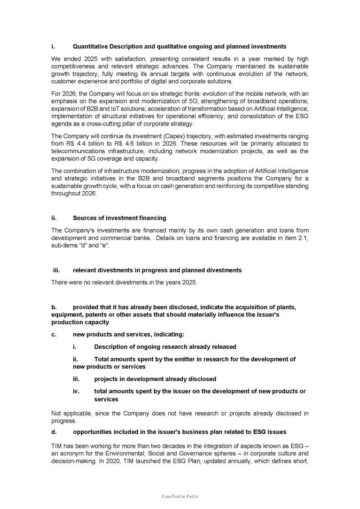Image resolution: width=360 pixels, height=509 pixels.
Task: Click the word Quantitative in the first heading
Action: (x=90, y=47)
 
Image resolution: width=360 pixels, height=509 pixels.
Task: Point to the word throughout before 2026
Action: (x=66, y=193)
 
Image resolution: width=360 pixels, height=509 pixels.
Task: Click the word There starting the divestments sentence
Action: (x=59, y=282)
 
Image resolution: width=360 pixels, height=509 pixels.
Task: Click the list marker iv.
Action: (x=77, y=391)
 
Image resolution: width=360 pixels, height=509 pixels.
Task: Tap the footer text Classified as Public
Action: (x=180, y=496)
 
